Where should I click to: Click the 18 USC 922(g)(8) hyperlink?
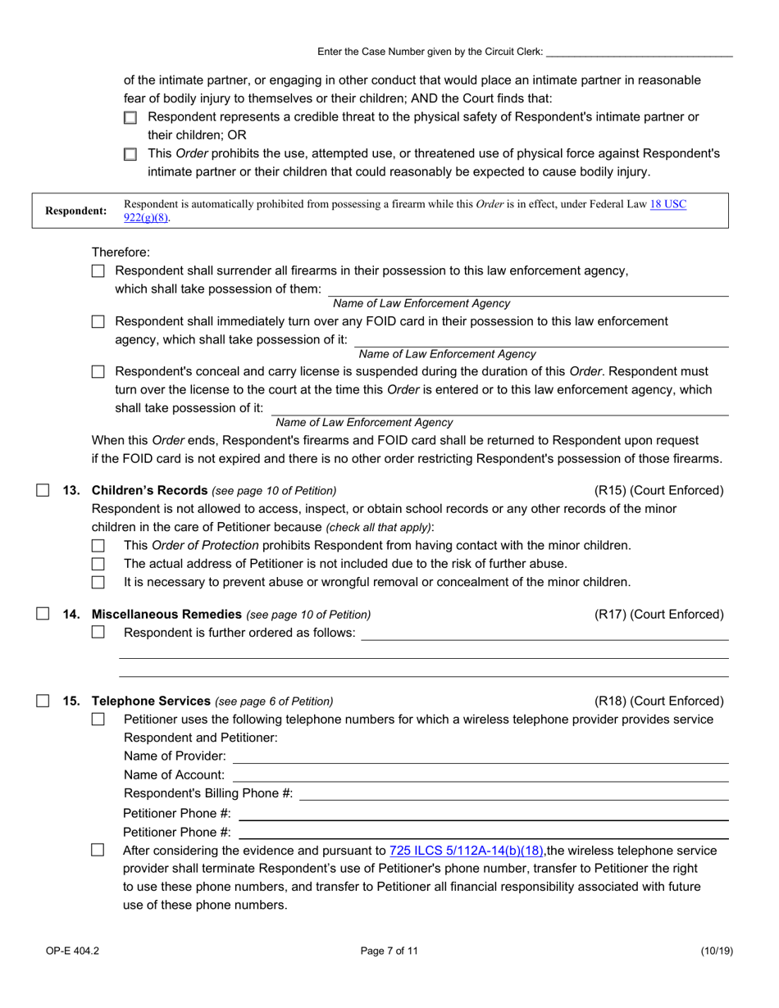click(x=667, y=204)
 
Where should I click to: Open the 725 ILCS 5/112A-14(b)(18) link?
click(x=467, y=851)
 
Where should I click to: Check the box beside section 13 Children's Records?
click(x=43, y=491)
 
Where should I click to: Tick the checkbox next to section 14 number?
click(x=43, y=614)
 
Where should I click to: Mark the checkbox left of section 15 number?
click(x=43, y=701)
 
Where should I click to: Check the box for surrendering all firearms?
click(x=98, y=271)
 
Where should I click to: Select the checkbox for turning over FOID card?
click(x=98, y=322)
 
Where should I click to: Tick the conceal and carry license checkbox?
click(x=98, y=372)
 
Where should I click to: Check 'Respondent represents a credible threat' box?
click(x=130, y=118)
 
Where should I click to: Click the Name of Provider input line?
click(x=480, y=756)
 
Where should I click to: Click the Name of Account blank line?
click(x=480, y=774)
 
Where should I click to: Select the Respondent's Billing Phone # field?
click(x=513, y=793)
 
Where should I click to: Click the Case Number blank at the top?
click(x=639, y=52)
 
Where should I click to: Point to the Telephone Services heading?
click(x=151, y=701)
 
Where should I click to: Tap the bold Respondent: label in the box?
click(x=75, y=211)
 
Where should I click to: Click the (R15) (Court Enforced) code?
click(x=658, y=491)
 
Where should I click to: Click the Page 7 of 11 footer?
click(x=389, y=951)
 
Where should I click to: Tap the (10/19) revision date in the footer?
click(x=716, y=951)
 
